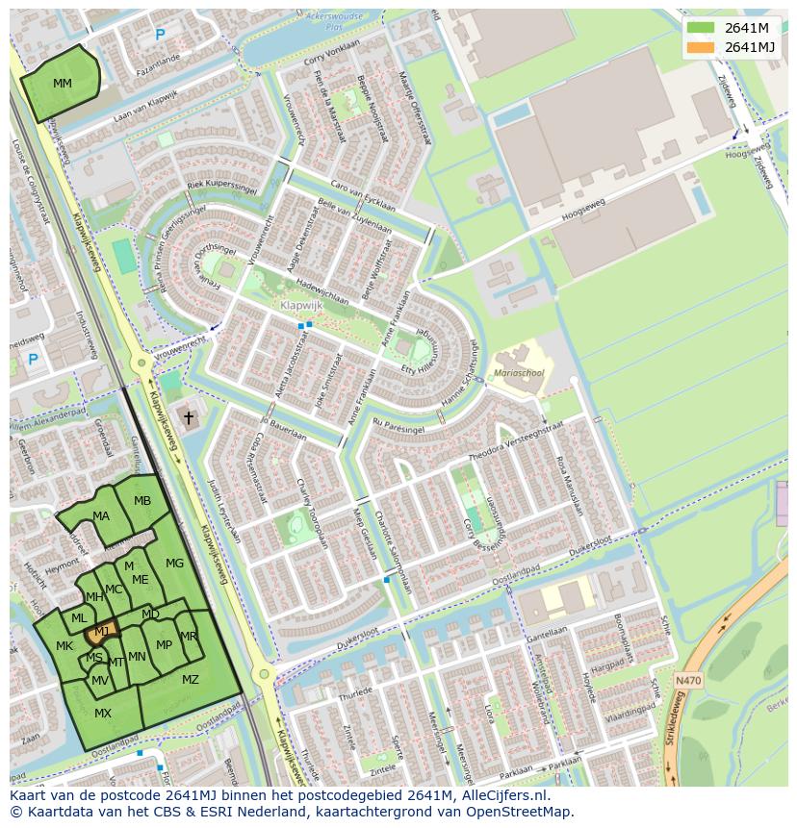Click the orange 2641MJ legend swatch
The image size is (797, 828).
[702, 47]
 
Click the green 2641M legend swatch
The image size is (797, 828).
[702, 28]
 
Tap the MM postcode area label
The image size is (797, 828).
[63, 84]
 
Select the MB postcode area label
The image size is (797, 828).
[142, 501]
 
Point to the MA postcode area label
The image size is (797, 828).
[101, 516]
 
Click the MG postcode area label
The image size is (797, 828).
[174, 564]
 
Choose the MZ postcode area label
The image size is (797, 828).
[191, 680]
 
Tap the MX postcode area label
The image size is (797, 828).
[103, 714]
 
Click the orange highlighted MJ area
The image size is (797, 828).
[101, 631]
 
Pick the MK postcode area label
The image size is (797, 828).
[64, 646]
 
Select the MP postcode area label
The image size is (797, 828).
[164, 645]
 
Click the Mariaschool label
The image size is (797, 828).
[519, 372]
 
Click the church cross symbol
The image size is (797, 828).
[189, 417]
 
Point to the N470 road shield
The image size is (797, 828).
[688, 680]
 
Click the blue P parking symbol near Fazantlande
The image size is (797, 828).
[160, 36]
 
